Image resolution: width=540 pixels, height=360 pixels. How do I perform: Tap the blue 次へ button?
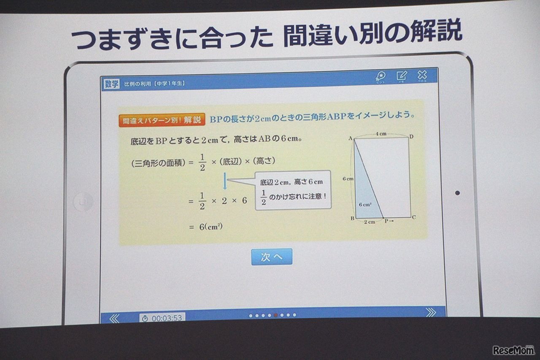[271, 257]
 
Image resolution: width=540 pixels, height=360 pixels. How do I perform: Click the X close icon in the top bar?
[422, 76]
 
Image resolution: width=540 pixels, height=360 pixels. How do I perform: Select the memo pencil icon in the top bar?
[401, 76]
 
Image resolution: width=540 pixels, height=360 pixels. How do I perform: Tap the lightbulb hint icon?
[380, 76]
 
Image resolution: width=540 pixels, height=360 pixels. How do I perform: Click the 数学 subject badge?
[111, 84]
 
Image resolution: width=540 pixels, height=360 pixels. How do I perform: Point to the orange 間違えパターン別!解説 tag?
[162, 120]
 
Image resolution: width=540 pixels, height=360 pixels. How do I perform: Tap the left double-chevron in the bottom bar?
[114, 318]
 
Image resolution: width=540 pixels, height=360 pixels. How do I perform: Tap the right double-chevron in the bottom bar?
[431, 312]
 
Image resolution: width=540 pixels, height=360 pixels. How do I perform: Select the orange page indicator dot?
[275, 315]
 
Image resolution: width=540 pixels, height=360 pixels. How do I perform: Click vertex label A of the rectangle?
[350, 138]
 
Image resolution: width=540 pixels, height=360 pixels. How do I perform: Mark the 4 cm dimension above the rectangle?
[381, 134]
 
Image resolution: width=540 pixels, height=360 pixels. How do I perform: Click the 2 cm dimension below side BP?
[369, 222]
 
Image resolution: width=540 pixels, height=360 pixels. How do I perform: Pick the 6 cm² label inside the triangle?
[364, 204]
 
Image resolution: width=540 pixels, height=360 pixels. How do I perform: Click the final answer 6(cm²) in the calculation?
[211, 227]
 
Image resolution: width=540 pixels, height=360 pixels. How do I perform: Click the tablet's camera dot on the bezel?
[457, 193]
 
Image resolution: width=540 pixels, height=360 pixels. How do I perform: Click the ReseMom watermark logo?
[513, 350]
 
